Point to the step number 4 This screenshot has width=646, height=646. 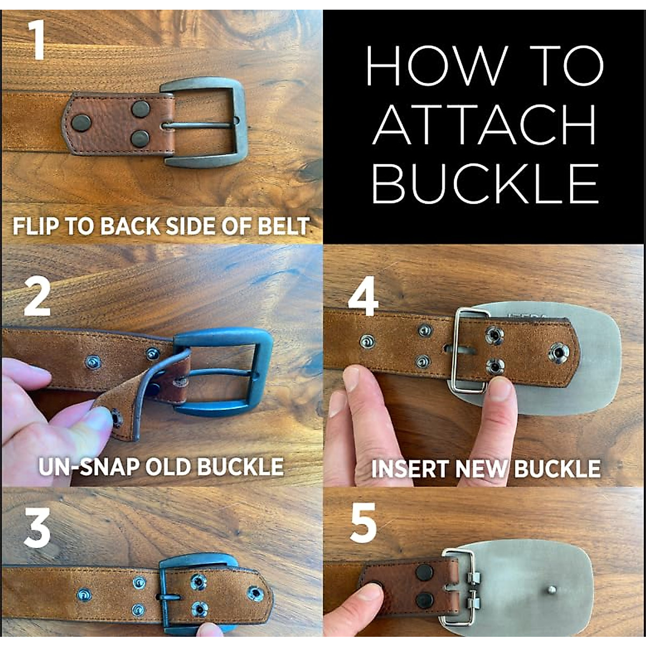(363, 297)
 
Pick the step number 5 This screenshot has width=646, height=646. (363, 524)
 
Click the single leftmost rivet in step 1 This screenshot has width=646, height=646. (81, 123)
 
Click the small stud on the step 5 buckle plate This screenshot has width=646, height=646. (551, 589)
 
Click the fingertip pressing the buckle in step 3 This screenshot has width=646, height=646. (210, 629)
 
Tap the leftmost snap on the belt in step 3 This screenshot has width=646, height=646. (84, 594)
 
